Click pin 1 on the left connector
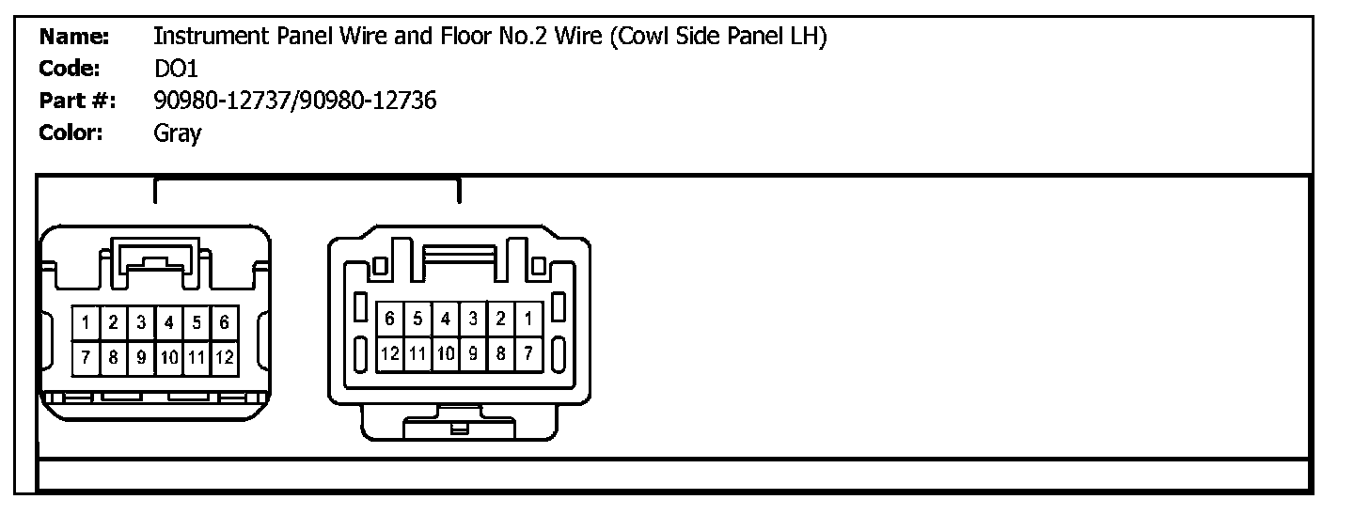(x=86, y=324)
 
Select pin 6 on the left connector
(x=225, y=324)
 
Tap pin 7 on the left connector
(x=86, y=357)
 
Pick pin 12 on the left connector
(x=225, y=357)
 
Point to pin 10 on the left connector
(x=169, y=357)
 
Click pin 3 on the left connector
(x=141, y=324)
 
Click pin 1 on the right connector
(x=529, y=320)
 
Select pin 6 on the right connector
(x=389, y=320)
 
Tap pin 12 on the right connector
(x=389, y=354)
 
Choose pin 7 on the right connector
(x=529, y=354)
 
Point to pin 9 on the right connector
(x=474, y=354)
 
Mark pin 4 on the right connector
(x=446, y=320)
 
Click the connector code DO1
(x=176, y=69)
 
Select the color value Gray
(x=177, y=133)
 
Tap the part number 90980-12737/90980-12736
(x=294, y=101)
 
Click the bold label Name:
(x=74, y=37)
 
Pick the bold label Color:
(x=71, y=133)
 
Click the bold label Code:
(x=71, y=69)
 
